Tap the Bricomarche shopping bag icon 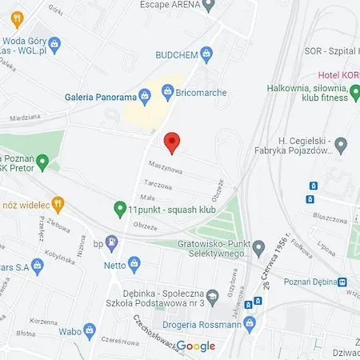tap(167, 93)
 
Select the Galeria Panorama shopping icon tap(145, 98)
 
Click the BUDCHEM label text tap(178, 54)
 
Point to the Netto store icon tap(134, 262)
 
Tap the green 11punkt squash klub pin tap(120, 209)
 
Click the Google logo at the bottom tap(196, 346)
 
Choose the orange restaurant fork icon tap(57, 205)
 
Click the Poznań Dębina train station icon tap(342, 282)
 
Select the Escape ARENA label tap(169, 5)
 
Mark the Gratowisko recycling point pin tap(258, 245)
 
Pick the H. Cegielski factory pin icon tap(341, 146)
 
